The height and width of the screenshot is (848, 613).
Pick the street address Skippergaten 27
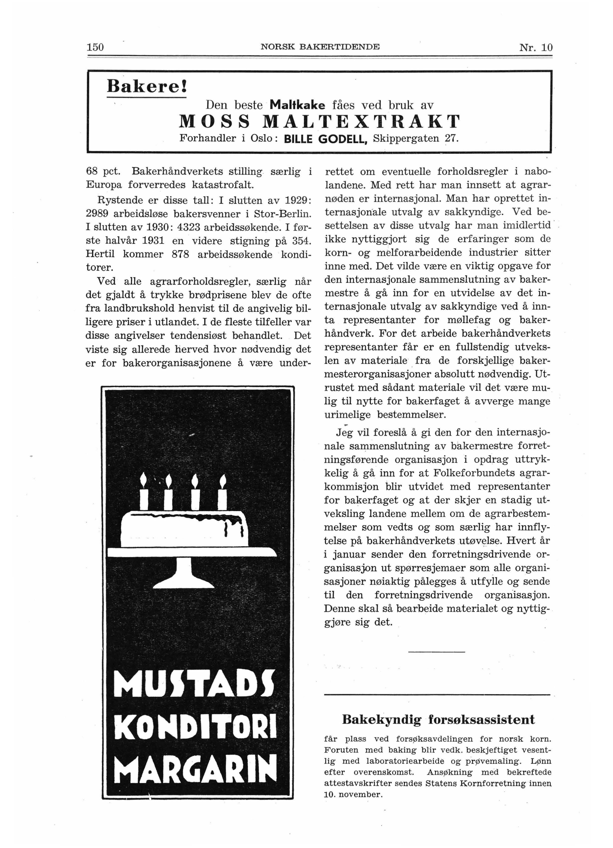pos(415,139)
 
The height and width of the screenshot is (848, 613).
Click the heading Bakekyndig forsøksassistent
pos(438,720)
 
